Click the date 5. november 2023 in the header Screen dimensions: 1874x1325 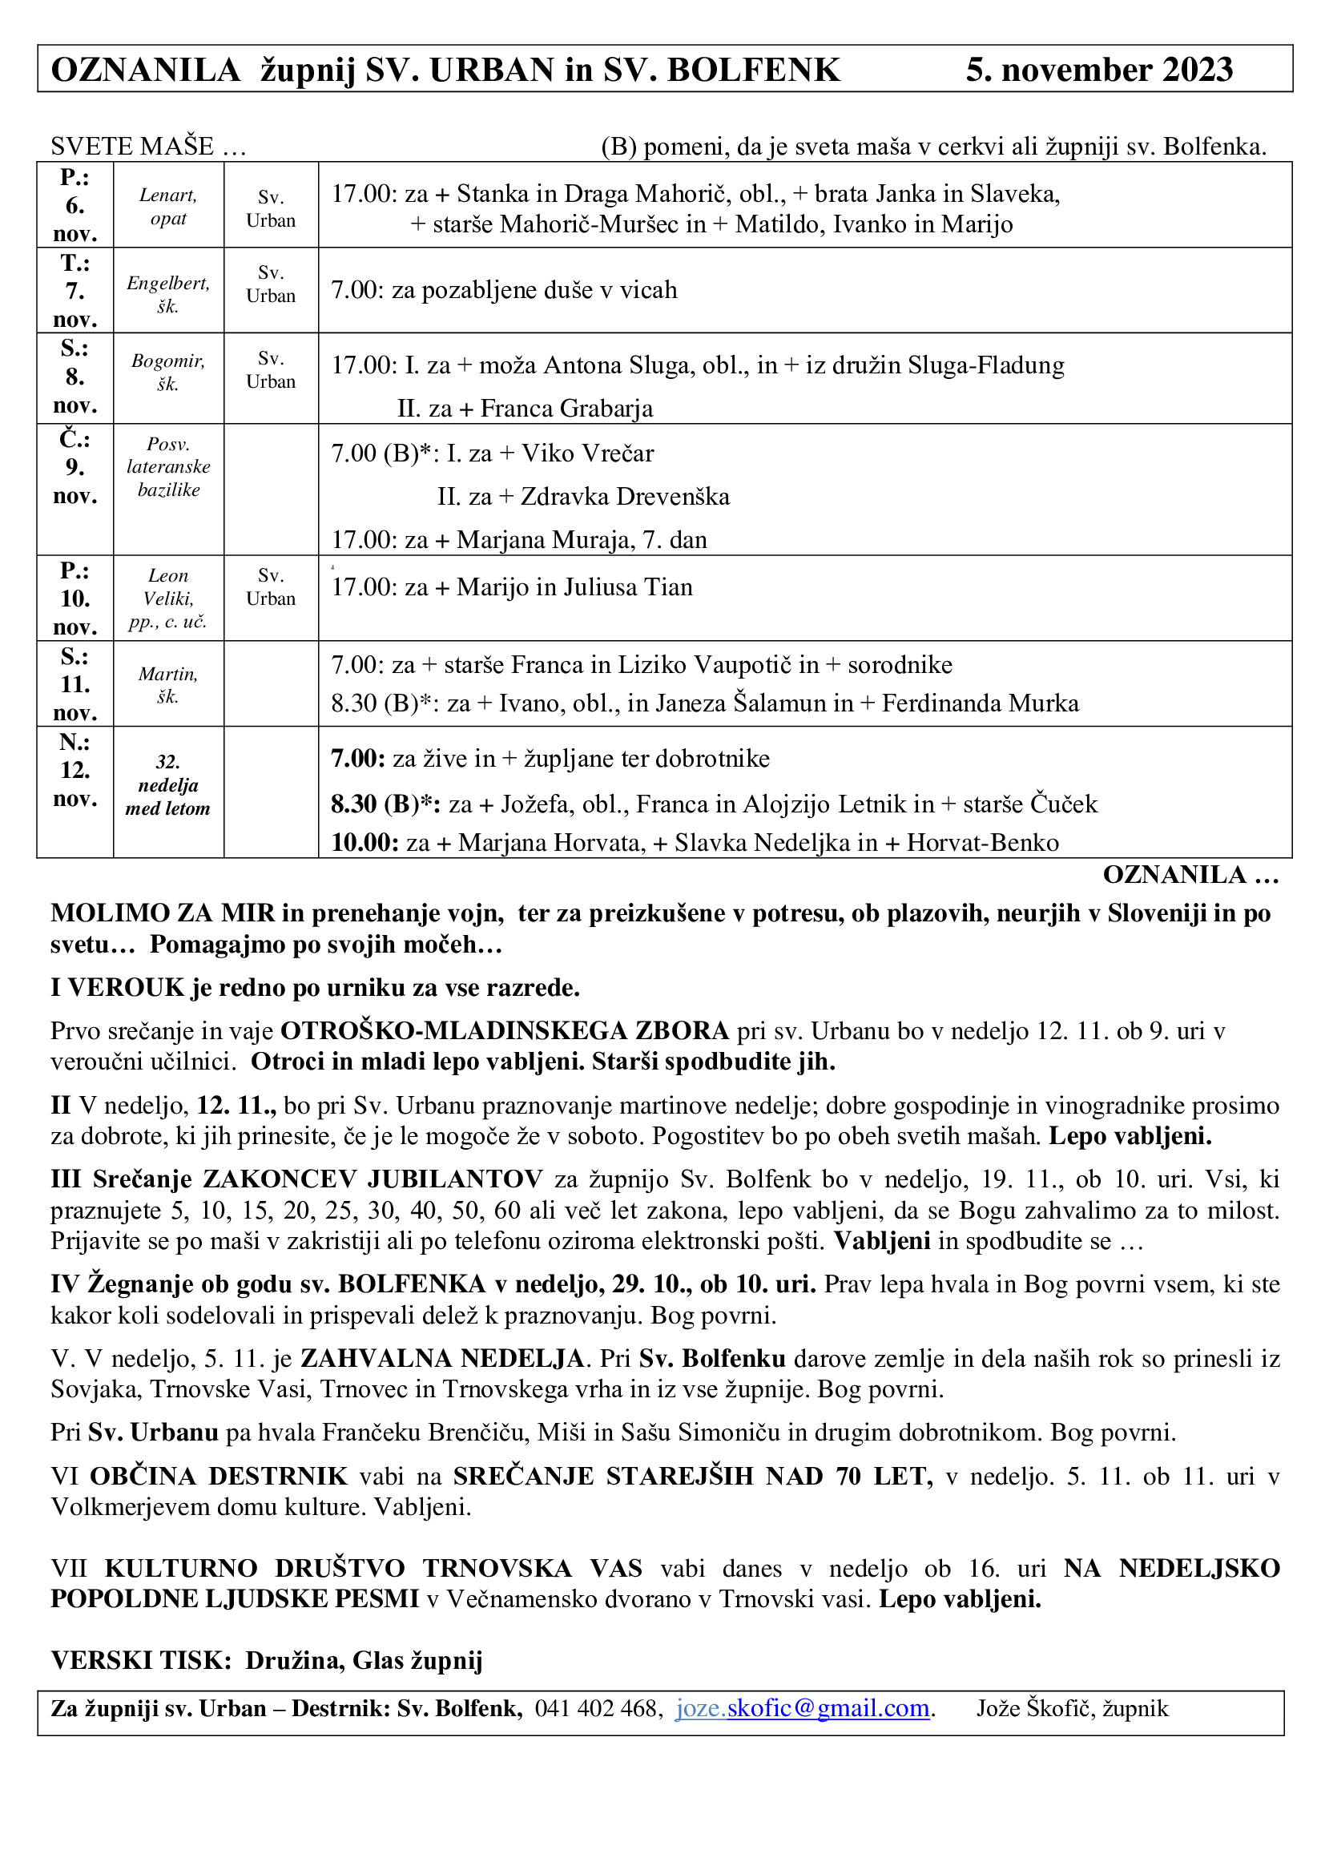point(1099,71)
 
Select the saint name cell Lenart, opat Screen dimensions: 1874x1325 point(168,207)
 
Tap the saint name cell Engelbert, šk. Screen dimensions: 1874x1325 point(168,295)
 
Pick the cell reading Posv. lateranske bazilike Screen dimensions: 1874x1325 point(168,467)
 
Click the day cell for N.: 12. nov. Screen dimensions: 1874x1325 point(75,770)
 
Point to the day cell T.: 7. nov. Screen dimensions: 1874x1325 point(75,291)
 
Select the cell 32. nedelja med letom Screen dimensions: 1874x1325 point(168,785)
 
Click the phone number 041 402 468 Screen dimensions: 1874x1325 point(597,1708)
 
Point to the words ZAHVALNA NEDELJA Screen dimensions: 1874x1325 point(442,1358)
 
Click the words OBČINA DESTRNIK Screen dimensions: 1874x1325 point(219,1476)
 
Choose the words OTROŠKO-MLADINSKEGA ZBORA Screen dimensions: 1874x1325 point(504,1031)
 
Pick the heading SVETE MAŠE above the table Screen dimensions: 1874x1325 point(132,147)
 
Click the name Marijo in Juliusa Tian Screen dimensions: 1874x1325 point(574,586)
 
